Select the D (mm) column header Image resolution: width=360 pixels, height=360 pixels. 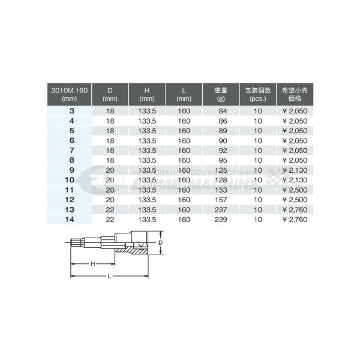pyautogui.click(x=110, y=94)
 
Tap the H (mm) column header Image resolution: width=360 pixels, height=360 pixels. pyautogui.click(x=147, y=94)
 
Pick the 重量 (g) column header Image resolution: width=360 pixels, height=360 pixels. pyautogui.click(x=220, y=94)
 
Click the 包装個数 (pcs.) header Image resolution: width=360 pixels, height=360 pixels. pyautogui.click(x=259, y=94)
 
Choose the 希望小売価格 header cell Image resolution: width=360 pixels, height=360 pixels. pyautogui.click(x=296, y=94)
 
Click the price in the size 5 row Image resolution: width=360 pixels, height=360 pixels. pyautogui.click(x=295, y=131)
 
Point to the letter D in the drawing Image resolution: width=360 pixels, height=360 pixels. pyautogui.click(x=160, y=243)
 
